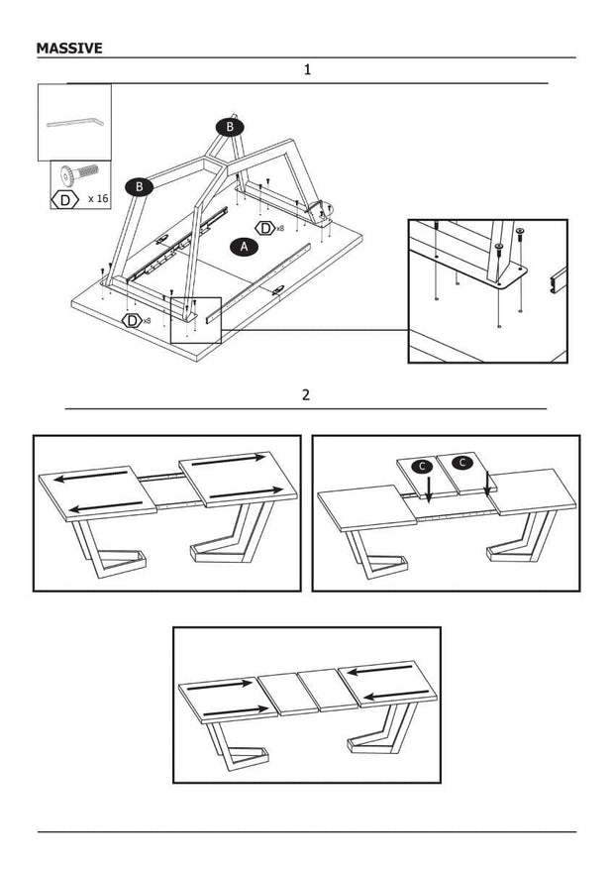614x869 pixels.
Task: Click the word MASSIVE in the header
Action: tap(69, 48)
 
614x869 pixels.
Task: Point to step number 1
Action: tap(307, 70)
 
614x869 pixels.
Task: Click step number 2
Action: tap(306, 394)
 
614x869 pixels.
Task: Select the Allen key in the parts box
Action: tap(74, 122)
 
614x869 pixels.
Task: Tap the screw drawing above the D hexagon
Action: tap(74, 175)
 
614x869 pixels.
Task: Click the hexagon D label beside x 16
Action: tap(65, 199)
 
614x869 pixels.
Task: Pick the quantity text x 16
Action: tap(97, 199)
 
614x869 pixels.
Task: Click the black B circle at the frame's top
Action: tap(230, 127)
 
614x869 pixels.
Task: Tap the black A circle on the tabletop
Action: tap(243, 247)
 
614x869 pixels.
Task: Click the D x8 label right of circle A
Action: tap(269, 228)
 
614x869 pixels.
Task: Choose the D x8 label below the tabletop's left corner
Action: tap(137, 320)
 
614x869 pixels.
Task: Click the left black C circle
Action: tap(423, 465)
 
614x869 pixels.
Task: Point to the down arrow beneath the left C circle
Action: tap(427, 488)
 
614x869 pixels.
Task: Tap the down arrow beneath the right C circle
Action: tap(487, 484)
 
